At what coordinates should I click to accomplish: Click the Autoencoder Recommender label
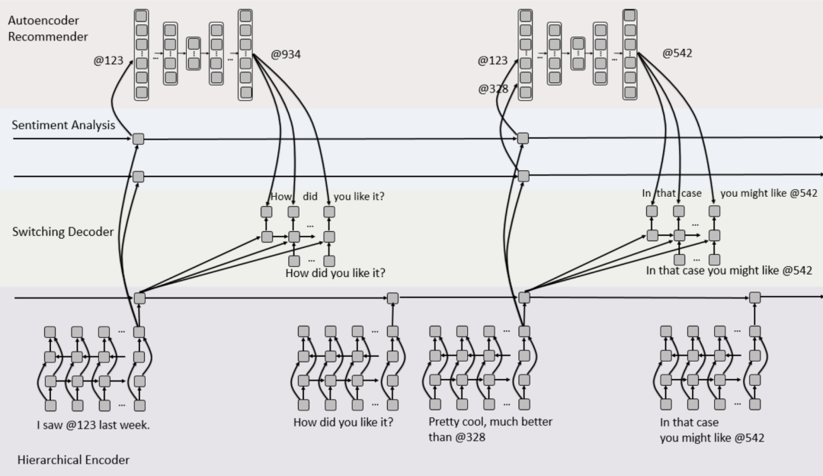point(48,28)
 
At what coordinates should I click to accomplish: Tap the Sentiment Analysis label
point(63,125)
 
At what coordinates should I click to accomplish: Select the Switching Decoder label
point(63,232)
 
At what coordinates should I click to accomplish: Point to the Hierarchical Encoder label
point(73,460)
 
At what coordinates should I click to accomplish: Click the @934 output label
point(286,54)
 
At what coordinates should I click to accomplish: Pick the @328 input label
point(493,88)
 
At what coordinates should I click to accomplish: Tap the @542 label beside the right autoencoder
point(677,53)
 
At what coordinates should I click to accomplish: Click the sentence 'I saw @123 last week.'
point(94,425)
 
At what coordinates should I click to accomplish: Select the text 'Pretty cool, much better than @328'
point(490,429)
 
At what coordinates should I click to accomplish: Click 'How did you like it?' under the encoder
point(343,423)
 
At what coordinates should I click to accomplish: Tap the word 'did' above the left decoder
point(310,197)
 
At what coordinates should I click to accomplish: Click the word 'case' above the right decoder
point(691,193)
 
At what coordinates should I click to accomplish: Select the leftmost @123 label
point(108,60)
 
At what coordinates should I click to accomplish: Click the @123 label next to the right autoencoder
point(492,60)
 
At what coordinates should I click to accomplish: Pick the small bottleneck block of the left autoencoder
point(194,53)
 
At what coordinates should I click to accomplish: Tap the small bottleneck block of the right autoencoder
point(578,53)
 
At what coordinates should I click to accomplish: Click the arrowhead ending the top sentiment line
point(820,137)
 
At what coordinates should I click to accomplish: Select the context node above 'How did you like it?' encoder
point(392,298)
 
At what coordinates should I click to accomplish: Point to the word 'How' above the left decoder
point(281,197)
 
